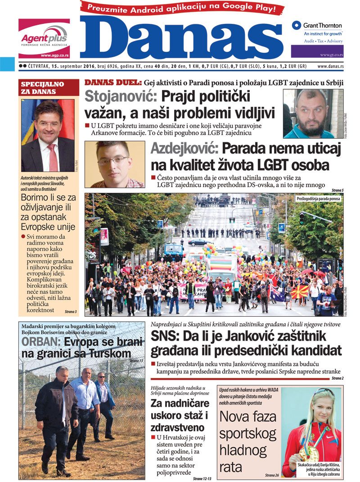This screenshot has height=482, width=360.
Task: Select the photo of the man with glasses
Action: pyautogui.click(x=114, y=164)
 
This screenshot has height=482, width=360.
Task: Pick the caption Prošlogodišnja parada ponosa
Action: pyautogui.click(x=318, y=198)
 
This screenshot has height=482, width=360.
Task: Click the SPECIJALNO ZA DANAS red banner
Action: pyautogui.click(x=43, y=88)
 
